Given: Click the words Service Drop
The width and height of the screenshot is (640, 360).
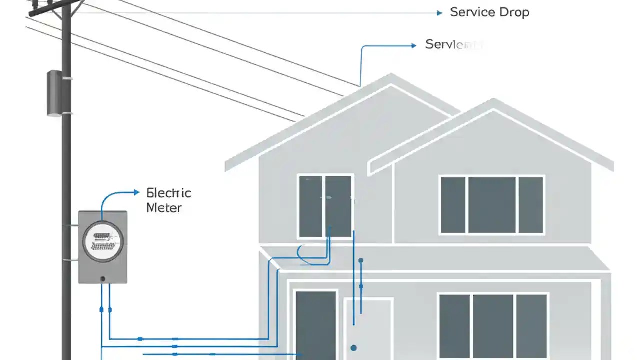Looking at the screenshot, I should coord(489,12).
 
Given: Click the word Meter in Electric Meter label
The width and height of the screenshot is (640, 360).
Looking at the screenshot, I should coord(164,208).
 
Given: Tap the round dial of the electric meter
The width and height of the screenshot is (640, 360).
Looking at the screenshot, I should coord(102,242).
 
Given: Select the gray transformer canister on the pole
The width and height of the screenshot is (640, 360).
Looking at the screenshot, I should coord(55,93).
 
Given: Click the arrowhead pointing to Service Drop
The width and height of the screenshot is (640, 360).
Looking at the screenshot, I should coord(439,13).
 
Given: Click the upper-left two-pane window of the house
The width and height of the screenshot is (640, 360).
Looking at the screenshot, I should coord(325,206).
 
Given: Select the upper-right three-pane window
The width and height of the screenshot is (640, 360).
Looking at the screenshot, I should coord(492,205).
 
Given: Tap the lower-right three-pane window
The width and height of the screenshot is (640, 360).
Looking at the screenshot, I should coord(493,325).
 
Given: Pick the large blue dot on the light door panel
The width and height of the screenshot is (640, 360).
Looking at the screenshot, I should coord(354,348).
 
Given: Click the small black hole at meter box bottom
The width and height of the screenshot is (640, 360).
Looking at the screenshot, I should coord(103,279).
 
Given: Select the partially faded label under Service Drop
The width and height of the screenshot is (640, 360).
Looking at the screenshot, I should coord(452,44).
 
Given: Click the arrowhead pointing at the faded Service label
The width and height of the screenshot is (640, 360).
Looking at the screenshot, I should coord(413,45).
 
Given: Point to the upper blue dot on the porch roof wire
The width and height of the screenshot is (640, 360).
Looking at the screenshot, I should coord(361,260).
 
